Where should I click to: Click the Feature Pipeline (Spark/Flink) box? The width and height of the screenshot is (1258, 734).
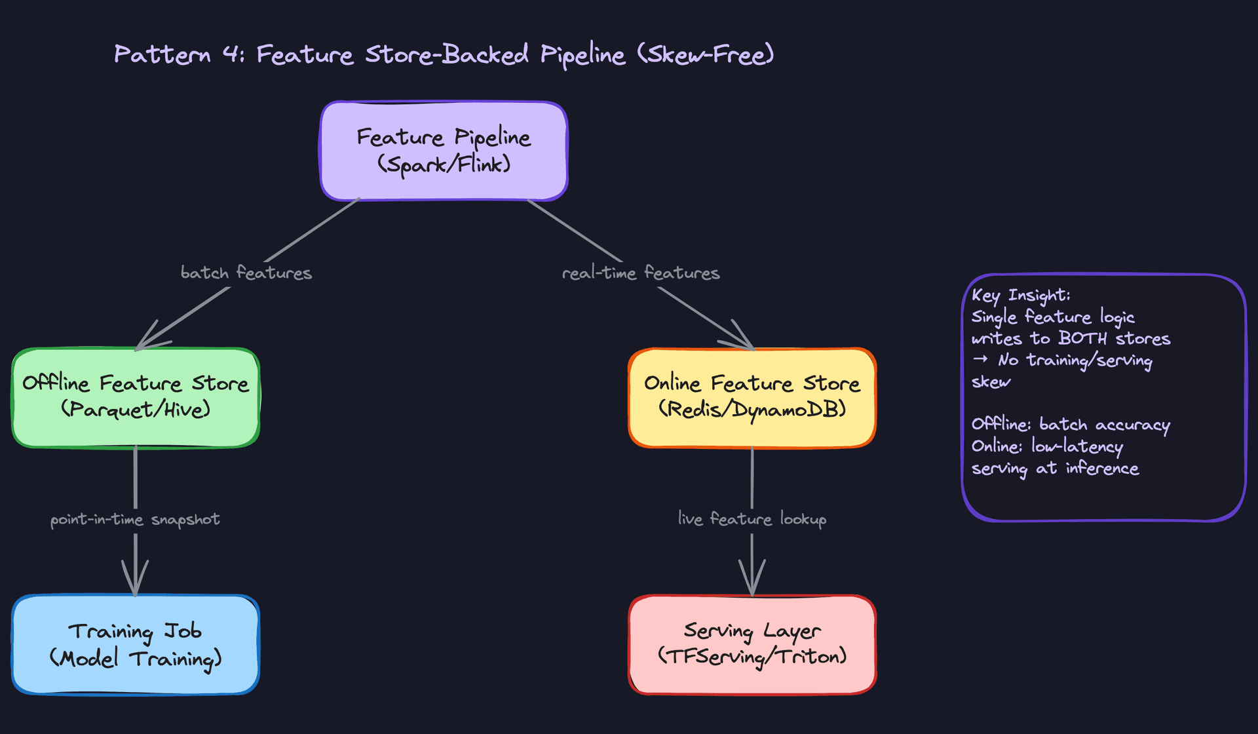pyautogui.click(x=444, y=151)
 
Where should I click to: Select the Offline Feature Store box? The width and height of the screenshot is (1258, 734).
pyautogui.click(x=136, y=397)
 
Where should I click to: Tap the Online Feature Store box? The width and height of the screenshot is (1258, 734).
pyautogui.click(x=752, y=397)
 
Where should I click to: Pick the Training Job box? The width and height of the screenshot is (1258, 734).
pyautogui.click(x=136, y=644)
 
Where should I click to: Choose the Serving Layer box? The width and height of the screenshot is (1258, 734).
pyautogui.click(x=752, y=644)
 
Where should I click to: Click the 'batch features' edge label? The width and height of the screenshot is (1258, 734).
pyautogui.click(x=246, y=273)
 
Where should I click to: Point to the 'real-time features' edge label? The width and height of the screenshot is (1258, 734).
pyautogui.click(x=641, y=273)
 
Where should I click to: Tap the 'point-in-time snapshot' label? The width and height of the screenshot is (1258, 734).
pyautogui.click(x=135, y=520)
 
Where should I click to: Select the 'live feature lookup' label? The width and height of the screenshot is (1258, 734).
pyautogui.click(x=752, y=519)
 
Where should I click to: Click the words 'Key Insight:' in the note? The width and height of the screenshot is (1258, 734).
pyautogui.click(x=1021, y=296)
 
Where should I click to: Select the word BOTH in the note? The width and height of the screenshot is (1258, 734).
pyautogui.click(x=1082, y=338)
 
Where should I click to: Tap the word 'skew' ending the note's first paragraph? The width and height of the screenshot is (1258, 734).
pyautogui.click(x=991, y=382)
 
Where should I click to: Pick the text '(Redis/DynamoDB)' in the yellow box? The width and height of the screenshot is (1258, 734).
pyautogui.click(x=752, y=410)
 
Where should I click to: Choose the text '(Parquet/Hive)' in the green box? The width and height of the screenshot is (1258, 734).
pyautogui.click(x=136, y=410)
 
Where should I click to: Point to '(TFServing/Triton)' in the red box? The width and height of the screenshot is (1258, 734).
pyautogui.click(x=752, y=656)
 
